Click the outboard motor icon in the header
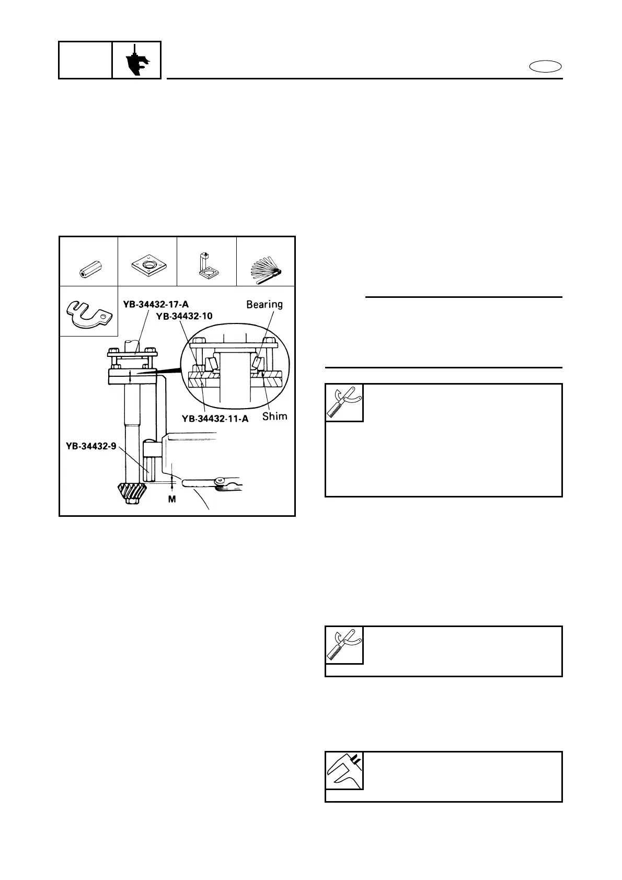pos(137,61)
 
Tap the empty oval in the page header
pos(545,66)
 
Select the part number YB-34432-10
pos(183,316)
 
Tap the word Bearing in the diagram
pos(264,304)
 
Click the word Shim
pos(274,416)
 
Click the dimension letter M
pos(171,500)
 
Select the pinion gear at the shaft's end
pos(130,494)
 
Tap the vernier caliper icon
pos(344,771)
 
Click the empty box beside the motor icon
pos(85,60)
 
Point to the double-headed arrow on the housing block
pos(130,375)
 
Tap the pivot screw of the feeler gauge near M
pos(220,479)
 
